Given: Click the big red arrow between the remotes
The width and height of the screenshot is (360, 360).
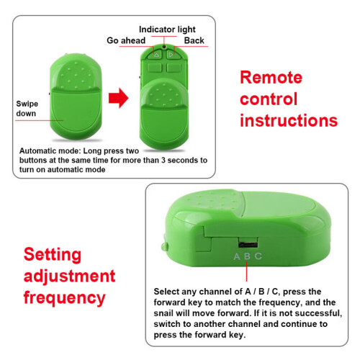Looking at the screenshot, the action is (118, 98).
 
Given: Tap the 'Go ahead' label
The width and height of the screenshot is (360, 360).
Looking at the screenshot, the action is (126, 40).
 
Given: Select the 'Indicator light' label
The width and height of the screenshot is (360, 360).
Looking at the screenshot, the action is (167, 30).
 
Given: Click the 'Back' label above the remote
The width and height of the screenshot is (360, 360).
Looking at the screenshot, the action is (194, 40).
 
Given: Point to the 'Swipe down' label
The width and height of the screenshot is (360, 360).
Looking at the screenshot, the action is (27, 109).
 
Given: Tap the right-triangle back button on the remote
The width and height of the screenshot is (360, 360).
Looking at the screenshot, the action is (171, 55).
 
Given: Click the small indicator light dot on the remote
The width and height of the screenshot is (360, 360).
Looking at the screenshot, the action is (164, 46).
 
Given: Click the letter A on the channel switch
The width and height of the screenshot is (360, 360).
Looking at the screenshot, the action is (237, 256).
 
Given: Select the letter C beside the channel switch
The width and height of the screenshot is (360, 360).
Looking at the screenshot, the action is (258, 256).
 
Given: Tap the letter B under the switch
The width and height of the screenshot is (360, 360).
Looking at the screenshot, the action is (247, 256).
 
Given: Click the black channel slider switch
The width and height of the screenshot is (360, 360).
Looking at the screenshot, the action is (248, 244).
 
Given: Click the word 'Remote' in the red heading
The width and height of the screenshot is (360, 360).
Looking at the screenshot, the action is (271, 77).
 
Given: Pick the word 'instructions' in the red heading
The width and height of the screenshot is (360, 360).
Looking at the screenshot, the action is (289, 120).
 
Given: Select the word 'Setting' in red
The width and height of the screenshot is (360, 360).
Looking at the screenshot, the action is (53, 256).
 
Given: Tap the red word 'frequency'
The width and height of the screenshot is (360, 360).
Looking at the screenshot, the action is (65, 298).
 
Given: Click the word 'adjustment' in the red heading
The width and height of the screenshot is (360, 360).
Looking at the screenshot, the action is (70, 276).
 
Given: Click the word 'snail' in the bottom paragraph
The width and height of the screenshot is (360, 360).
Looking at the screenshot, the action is (163, 313).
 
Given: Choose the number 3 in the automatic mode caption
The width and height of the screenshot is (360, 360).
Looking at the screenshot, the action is (163, 160).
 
